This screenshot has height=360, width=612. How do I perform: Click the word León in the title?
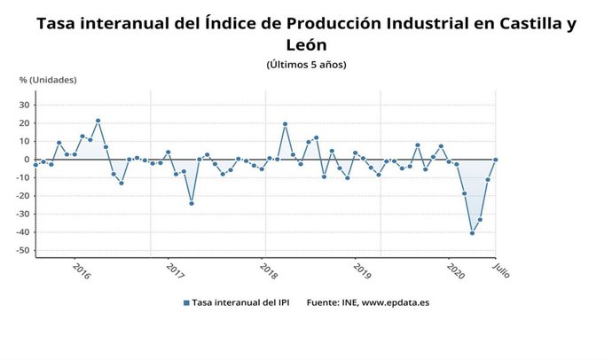(x=306, y=44)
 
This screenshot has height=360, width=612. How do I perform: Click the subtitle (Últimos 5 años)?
(x=306, y=65)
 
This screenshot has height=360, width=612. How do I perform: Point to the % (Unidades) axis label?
(x=48, y=80)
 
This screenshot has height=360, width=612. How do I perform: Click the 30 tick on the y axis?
(x=25, y=105)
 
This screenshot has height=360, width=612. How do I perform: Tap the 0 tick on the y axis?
(x=27, y=160)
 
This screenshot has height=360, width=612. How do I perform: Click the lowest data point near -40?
(x=472, y=233)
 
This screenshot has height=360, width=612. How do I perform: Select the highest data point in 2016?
(x=98, y=121)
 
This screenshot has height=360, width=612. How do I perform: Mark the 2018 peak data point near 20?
(x=285, y=124)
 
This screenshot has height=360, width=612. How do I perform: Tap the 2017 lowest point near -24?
(x=192, y=203)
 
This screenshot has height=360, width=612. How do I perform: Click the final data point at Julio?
(x=495, y=160)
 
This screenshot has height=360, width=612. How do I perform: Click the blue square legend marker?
(x=186, y=302)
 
